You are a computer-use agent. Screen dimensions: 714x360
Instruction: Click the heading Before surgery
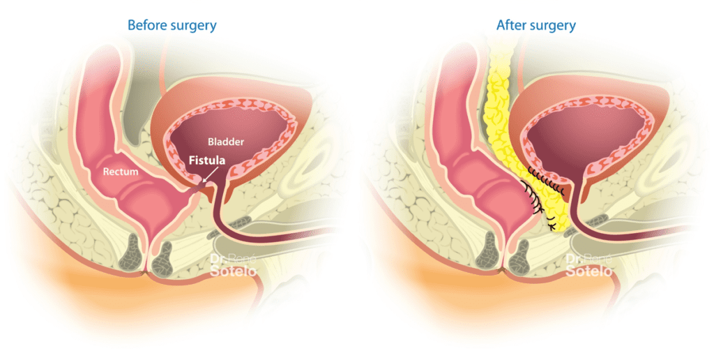[x=172, y=26]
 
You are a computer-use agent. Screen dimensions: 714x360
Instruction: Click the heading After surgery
[x=536, y=26]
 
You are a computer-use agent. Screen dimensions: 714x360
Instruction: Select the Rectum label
[x=119, y=170]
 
